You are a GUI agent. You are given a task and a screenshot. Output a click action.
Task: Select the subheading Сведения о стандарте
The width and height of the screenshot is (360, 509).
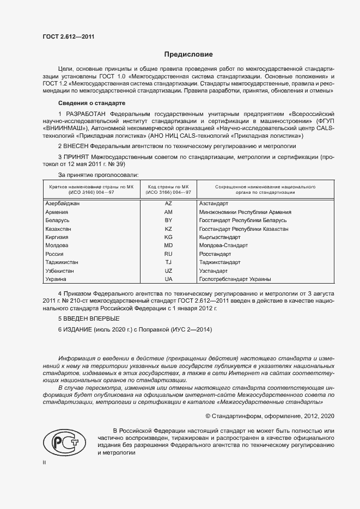91,103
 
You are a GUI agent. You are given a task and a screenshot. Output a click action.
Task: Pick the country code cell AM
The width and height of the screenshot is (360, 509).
168,212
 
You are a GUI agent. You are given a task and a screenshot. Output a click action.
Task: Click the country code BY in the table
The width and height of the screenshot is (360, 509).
168,220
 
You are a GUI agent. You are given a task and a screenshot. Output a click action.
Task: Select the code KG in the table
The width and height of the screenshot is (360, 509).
168,237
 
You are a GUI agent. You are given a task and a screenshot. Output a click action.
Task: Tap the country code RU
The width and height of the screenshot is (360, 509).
168,254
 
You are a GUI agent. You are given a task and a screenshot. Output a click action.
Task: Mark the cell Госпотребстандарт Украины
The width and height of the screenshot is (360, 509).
235,279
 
